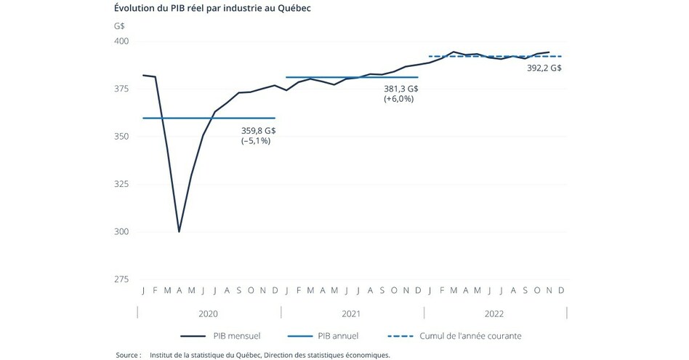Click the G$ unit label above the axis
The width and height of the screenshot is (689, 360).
point(119,25)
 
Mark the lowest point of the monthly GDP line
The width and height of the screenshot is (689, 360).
point(179,231)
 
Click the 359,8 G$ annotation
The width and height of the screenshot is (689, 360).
point(258,131)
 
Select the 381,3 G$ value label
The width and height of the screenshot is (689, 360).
point(401,89)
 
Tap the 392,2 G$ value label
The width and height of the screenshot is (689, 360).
point(544,68)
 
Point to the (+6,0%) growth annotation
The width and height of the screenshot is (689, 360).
point(398,99)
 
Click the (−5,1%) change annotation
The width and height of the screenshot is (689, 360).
point(256,141)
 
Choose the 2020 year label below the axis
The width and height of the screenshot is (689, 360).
point(208,313)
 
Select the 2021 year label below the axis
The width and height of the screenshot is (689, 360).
point(352,313)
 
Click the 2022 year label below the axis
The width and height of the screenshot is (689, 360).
point(495,313)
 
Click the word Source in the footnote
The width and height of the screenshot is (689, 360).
point(128,355)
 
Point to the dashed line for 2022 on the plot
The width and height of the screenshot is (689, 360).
point(494,56)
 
